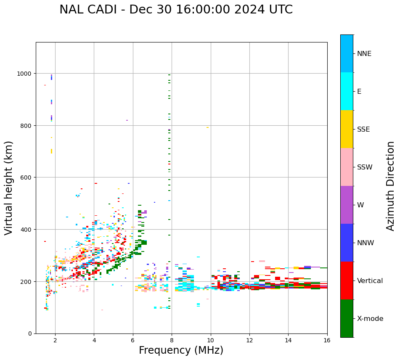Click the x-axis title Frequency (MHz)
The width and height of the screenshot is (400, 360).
pos(181,350)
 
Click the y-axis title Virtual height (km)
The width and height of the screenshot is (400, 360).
pos(9,188)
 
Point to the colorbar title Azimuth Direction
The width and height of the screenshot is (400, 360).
pos(391,186)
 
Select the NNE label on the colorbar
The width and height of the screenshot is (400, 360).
pos(364,54)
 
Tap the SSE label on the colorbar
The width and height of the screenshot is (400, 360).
pos(363,130)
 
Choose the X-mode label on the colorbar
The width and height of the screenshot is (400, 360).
pos(370,319)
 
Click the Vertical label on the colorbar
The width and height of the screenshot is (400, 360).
pos(370,281)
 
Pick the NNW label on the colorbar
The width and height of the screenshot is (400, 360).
pos(365,243)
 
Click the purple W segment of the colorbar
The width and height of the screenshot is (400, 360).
pos(347,205)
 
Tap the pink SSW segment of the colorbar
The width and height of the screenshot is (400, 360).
pos(347,167)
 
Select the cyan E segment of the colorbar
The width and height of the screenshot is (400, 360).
pos(347,91)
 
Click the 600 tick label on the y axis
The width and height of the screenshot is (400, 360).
pos(27,177)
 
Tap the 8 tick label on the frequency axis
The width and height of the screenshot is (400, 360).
pos(172,340)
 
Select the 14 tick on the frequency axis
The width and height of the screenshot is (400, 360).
pos(288,340)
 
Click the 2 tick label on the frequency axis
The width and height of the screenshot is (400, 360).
pos(55,340)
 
